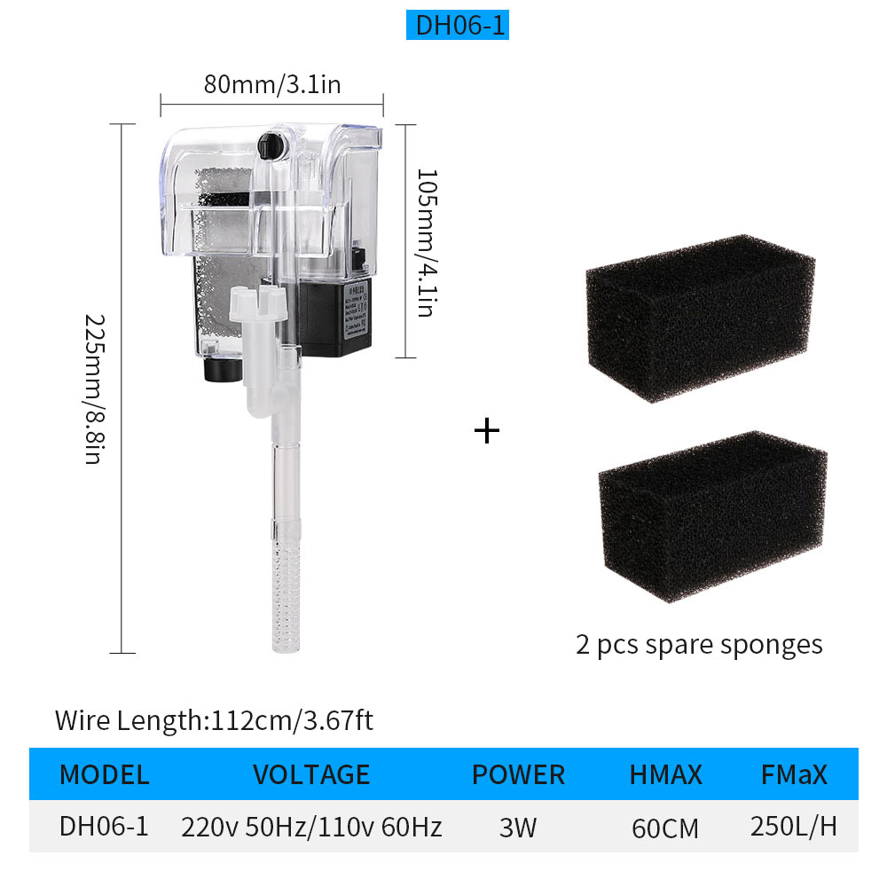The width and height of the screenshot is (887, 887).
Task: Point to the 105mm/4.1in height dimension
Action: pyautogui.click(x=425, y=242)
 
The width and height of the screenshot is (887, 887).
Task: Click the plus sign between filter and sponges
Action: pyautogui.click(x=487, y=431)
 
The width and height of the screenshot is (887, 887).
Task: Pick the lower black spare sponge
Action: pyautogui.click(x=711, y=514)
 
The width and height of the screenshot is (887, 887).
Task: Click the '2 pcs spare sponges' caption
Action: pyautogui.click(x=699, y=644)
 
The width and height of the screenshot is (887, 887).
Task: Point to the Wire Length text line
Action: pyautogui.click(x=214, y=719)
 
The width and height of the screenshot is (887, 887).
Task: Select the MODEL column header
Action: pyautogui.click(x=104, y=774)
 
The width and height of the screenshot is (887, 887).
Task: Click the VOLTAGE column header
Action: pyautogui.click(x=311, y=774)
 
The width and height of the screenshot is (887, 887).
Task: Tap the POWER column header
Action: pyautogui.click(x=518, y=774)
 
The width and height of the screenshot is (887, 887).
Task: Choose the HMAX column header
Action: pyautogui.click(x=665, y=774)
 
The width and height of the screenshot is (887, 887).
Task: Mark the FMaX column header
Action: pyautogui.click(x=794, y=774)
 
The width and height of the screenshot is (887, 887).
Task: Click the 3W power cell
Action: pyautogui.click(x=518, y=828)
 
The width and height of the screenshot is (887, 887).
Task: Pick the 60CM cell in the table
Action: pyautogui.click(x=665, y=828)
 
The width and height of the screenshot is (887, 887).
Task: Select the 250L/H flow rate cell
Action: pyautogui.click(x=794, y=827)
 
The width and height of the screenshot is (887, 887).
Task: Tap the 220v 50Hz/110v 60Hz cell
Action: pyautogui.click(x=311, y=828)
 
